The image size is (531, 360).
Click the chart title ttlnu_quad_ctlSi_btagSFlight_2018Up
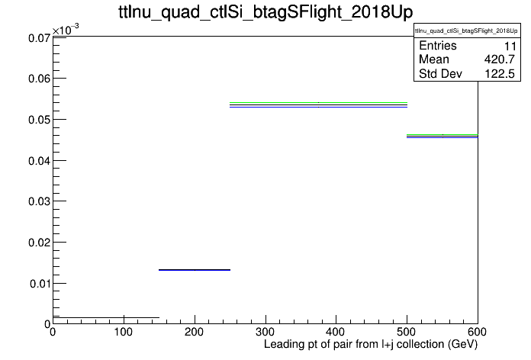point(265,12)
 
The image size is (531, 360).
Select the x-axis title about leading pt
point(371,345)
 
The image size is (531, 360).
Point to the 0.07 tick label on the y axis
point(39,38)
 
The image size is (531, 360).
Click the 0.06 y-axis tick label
point(39,79)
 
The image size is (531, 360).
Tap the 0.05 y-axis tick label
point(39,120)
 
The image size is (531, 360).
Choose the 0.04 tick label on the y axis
point(39,160)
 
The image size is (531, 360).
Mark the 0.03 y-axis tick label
point(39,201)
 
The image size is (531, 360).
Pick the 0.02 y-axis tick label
point(39,243)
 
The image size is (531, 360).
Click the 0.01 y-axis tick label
point(40,284)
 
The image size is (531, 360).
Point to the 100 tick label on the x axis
point(124,332)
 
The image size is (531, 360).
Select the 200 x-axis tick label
point(195,332)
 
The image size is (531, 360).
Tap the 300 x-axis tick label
point(265,332)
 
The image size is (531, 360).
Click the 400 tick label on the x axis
point(336,332)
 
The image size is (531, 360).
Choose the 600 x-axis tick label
point(477,332)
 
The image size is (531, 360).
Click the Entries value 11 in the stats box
point(510,46)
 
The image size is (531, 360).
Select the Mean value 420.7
point(500,59)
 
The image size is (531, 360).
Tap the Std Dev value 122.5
point(500,74)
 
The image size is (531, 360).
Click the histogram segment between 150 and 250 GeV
point(195,270)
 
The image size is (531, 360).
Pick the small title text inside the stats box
point(466,31)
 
